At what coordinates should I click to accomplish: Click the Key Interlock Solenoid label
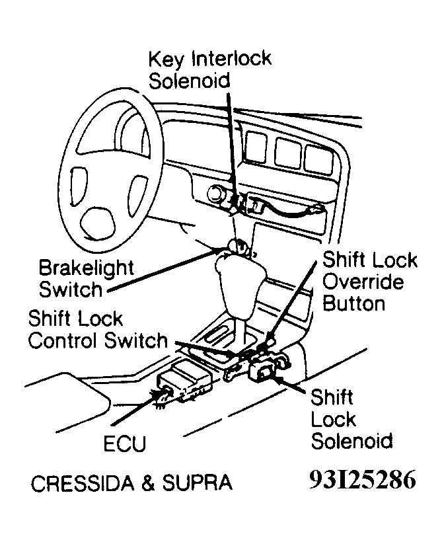point(209,69)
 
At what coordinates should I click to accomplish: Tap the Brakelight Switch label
point(86,279)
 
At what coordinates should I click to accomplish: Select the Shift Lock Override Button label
point(369,281)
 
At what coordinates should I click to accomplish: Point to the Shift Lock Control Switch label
point(98,330)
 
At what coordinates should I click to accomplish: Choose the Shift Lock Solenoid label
point(351,419)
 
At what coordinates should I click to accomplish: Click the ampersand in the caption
point(149,483)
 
